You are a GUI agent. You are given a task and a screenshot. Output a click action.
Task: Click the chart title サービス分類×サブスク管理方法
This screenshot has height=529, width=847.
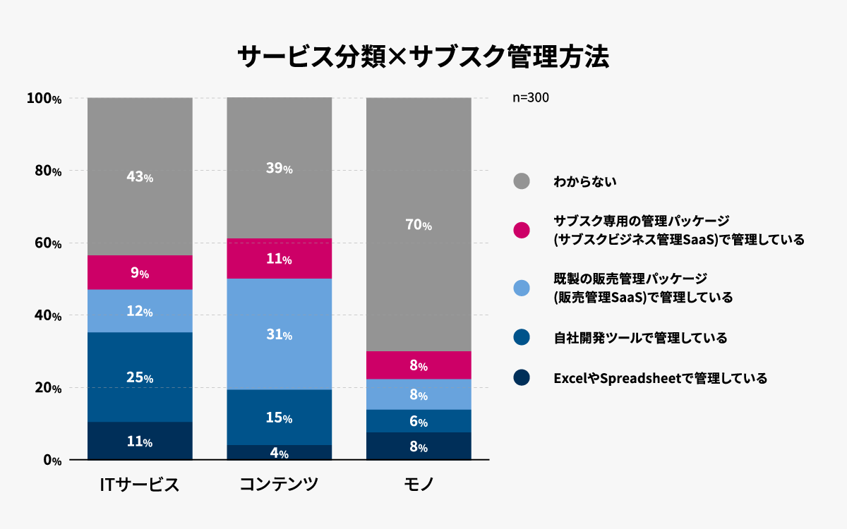tap(423, 56)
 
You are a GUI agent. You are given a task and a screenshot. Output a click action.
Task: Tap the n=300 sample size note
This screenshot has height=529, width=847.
tap(530, 98)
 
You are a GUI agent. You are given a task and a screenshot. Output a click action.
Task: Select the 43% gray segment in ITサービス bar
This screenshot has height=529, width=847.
tap(140, 176)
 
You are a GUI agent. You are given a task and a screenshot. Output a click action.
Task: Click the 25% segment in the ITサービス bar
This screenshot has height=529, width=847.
tap(140, 377)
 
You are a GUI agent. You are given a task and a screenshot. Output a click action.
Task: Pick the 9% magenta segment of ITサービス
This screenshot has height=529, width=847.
tap(140, 272)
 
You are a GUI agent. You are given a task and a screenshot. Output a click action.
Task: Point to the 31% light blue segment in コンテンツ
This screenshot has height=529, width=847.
tap(279, 334)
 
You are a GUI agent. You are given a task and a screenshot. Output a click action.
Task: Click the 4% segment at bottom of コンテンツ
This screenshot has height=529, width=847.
tap(279, 453)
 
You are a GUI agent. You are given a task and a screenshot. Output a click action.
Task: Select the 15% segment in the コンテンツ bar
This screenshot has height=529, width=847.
tap(279, 418)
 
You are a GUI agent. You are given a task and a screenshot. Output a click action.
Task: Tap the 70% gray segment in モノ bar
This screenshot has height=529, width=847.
tap(419, 225)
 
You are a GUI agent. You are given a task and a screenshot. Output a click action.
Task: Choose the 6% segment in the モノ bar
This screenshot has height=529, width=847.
tap(419, 421)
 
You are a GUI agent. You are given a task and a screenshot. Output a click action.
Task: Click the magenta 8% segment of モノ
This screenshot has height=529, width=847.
tap(419, 365)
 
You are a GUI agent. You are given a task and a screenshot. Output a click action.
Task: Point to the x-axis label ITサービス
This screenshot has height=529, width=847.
tap(139, 485)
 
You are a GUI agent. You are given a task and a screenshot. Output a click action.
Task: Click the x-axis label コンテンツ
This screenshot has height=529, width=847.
tap(279, 485)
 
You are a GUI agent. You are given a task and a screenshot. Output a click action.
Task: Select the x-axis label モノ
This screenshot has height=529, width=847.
tap(419, 485)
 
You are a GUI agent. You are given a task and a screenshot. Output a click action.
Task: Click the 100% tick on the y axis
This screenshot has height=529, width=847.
tap(44, 99)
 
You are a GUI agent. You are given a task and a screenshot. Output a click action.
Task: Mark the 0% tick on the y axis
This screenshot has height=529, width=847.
tap(52, 460)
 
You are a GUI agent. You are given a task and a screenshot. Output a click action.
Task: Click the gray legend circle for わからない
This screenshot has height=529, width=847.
tap(522, 181)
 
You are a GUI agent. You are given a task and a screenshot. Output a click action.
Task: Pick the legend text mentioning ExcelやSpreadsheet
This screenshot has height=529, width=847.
tap(660, 378)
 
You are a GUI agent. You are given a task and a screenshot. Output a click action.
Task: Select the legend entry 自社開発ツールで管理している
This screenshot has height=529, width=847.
tap(640, 338)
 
